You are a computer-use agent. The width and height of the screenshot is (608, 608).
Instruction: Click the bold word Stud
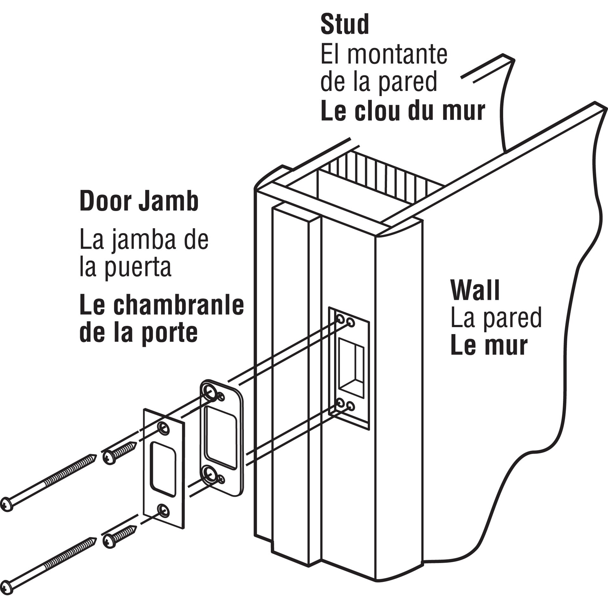coord(345,25)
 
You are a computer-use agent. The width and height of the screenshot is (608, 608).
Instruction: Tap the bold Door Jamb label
coord(139,201)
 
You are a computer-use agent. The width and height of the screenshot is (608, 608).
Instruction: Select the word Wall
coord(475,290)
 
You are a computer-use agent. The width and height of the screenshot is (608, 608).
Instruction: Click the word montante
coord(397,54)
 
